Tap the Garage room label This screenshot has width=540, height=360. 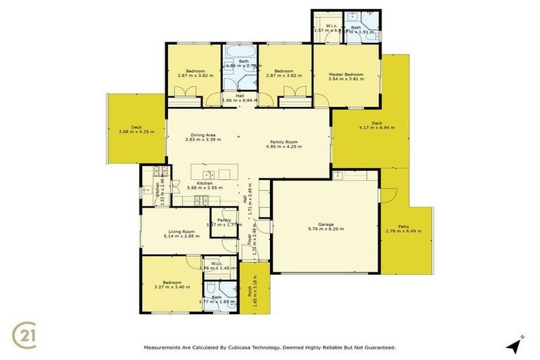click(x=326, y=224)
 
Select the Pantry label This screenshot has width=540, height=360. click(x=224, y=220)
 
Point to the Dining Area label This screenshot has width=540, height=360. click(x=202, y=135)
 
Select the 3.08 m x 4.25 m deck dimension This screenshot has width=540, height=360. click(x=136, y=132)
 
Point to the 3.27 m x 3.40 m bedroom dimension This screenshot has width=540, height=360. click(x=171, y=286)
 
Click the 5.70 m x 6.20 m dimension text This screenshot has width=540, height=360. click(x=326, y=230)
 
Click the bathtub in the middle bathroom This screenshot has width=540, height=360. click(x=239, y=56)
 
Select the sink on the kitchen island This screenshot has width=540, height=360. click(x=208, y=174)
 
